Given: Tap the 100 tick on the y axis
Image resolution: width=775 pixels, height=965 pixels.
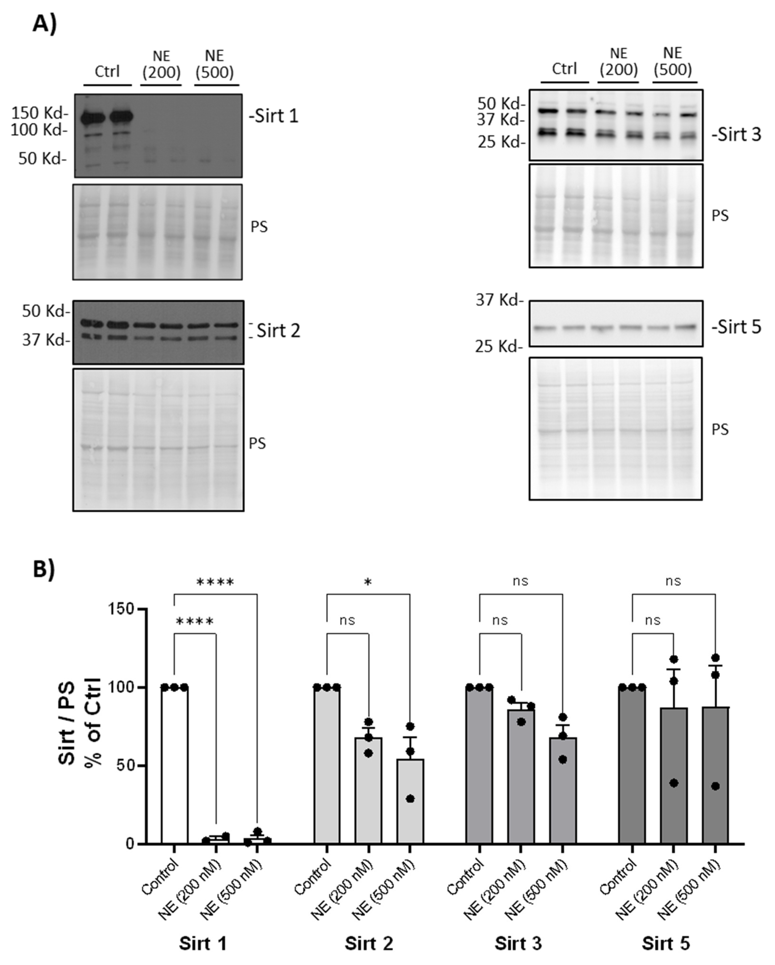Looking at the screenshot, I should pos(121,687).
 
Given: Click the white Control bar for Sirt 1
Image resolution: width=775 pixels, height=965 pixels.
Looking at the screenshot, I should pos(174,765).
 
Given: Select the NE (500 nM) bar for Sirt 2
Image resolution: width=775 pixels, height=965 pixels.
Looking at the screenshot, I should pos(410,801).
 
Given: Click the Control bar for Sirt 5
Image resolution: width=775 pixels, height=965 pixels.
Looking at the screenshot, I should pos(632,765).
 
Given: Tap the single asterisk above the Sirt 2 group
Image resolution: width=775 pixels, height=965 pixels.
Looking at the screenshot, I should pos(368,582).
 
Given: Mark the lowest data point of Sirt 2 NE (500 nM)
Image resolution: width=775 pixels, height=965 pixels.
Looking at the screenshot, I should pos(410,799).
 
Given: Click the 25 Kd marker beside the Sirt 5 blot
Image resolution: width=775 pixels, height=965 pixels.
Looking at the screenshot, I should pos(498,346).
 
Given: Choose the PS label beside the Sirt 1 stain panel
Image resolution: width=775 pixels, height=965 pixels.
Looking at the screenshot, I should pos(259,227).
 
